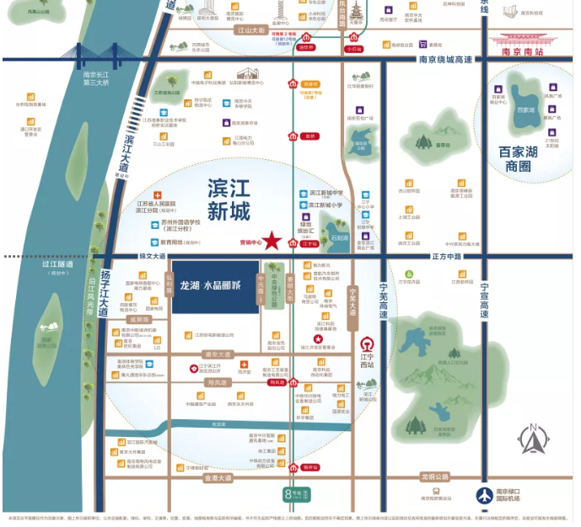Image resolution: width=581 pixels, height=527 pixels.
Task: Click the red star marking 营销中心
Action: (272, 240)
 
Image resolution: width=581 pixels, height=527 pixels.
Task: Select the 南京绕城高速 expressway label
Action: (446, 59)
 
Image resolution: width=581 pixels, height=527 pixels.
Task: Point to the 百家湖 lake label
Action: (525, 110)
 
